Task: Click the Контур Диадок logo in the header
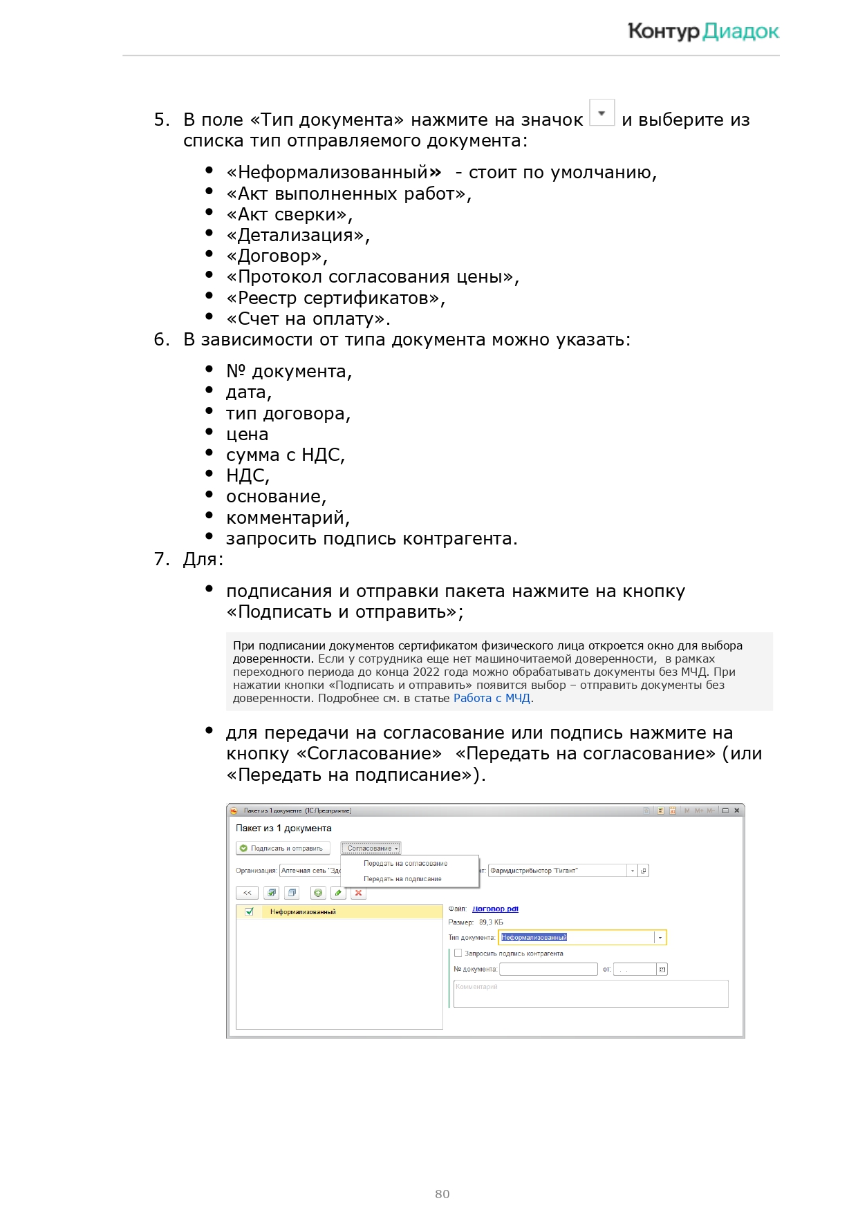pos(702,32)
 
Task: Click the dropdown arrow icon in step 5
pos(601,113)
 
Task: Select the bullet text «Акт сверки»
pos(289,215)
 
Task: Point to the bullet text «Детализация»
pos(298,236)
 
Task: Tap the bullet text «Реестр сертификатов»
pos(335,299)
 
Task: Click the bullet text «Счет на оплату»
pos(308,319)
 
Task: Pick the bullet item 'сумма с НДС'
pos(285,455)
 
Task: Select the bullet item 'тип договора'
pos(288,414)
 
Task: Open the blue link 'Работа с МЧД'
pos(492,699)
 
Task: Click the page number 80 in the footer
pos(442,1194)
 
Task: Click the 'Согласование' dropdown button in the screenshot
pos(371,849)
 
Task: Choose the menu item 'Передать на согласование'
pos(405,864)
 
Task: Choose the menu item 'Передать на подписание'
pos(402,879)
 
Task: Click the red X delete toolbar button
pos(358,893)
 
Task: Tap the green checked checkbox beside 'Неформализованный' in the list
pos(249,912)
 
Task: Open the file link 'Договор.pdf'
pos(495,909)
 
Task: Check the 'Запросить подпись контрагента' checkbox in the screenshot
pos(458,954)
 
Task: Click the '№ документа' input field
pos(548,969)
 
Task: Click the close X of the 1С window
pos(737,811)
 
